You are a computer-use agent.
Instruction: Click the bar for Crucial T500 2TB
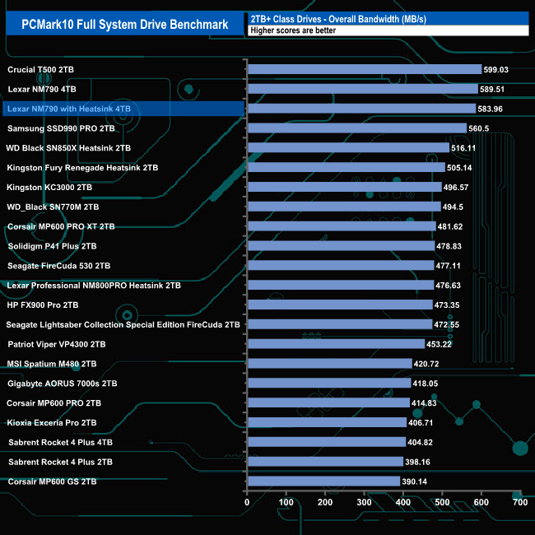pos(364,69)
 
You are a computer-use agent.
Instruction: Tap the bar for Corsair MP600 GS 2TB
pos(323,481)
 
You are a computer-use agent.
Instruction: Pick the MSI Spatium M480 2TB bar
pos(329,363)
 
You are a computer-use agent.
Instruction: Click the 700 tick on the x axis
pos(520,502)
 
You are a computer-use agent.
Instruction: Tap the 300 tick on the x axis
pos(365,502)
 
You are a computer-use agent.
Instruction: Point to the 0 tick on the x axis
pos(247,502)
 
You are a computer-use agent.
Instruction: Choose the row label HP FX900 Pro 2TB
pos(54,305)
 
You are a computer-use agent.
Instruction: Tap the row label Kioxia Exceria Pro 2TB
pos(52,422)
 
